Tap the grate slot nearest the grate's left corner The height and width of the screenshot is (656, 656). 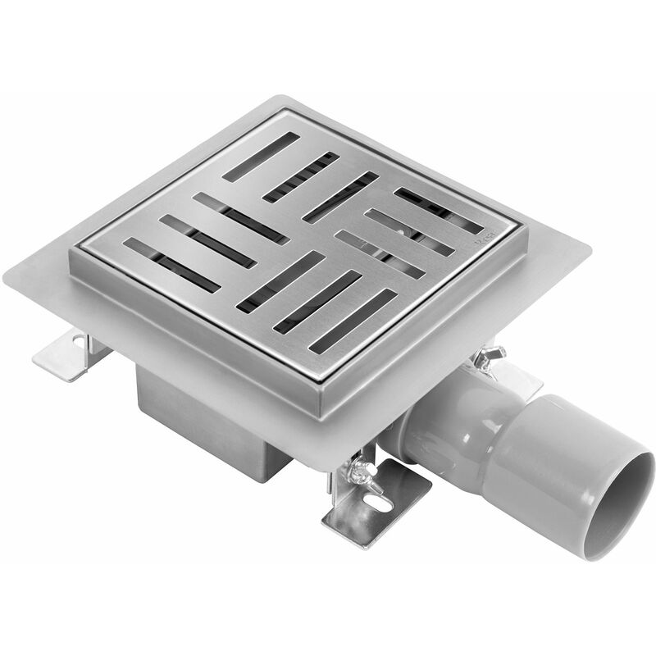pos(172,264)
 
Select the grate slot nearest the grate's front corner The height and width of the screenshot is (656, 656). pos(353,320)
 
